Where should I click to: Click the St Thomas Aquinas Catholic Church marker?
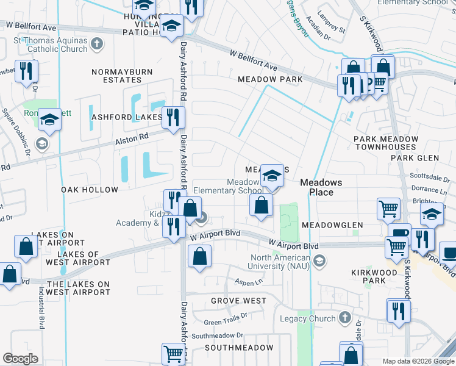96,44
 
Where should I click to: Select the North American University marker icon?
319,262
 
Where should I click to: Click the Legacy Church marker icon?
344,318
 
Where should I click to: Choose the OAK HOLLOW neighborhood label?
90,190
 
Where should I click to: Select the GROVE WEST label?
238,301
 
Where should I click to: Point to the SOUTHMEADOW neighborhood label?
238,348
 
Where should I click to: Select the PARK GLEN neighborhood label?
415,158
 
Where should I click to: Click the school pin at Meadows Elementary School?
272,177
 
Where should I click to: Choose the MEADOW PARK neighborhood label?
270,79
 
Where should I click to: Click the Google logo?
20,359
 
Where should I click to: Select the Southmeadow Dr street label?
217,335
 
